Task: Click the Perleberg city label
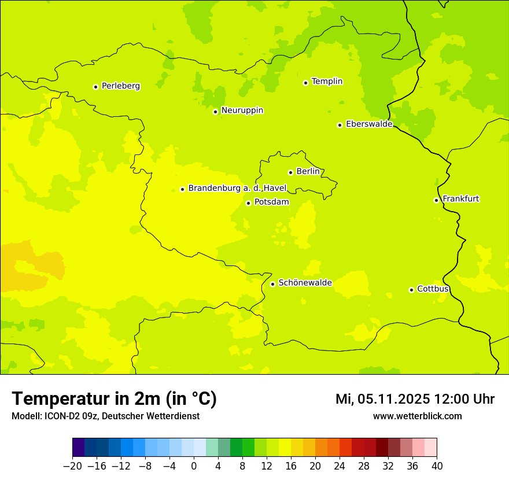[x=120, y=86]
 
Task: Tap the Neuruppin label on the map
[x=242, y=110]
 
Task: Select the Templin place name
[x=327, y=82]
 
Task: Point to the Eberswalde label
[x=369, y=124]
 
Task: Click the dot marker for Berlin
[x=290, y=172]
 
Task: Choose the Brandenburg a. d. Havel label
[x=237, y=189]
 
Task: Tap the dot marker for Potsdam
[x=248, y=203]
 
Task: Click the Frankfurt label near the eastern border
[x=460, y=199]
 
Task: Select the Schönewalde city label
[x=305, y=283]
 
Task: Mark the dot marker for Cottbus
[x=411, y=290]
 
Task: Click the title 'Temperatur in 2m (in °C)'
[x=114, y=399]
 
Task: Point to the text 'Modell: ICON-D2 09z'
[x=56, y=416]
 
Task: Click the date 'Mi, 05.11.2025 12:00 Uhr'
[x=415, y=399]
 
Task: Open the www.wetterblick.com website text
[x=417, y=416]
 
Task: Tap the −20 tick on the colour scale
[x=72, y=466]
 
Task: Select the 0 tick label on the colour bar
[x=194, y=466]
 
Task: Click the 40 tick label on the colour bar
[x=437, y=466]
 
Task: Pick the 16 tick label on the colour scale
[x=291, y=466]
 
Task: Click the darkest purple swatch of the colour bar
[x=78, y=448]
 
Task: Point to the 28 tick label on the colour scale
[x=364, y=466]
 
